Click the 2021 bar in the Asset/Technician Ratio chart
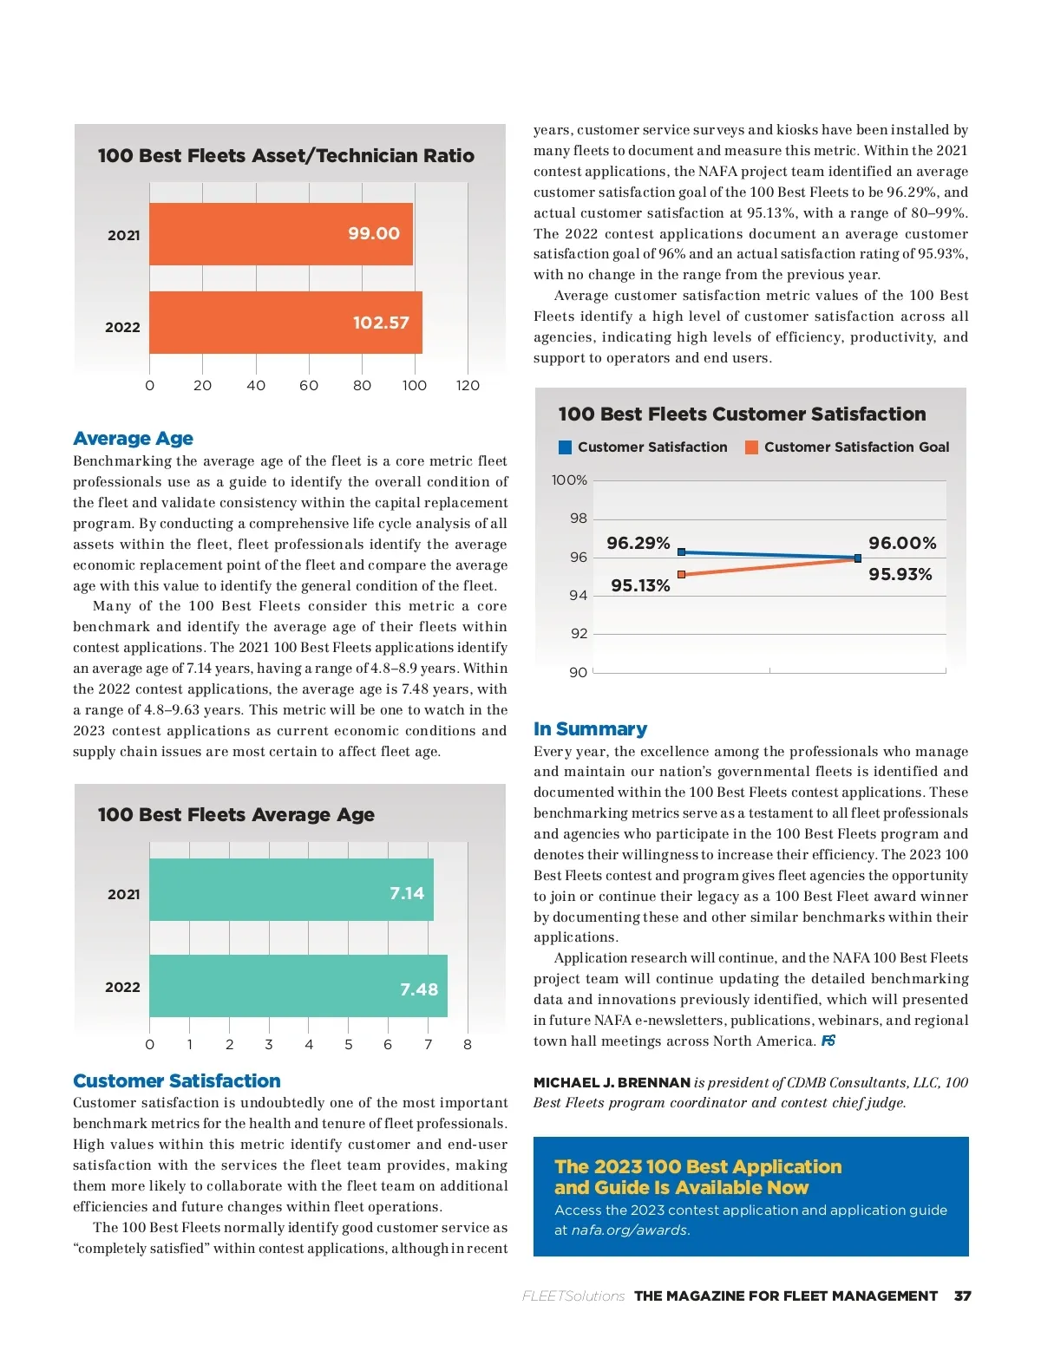[x=280, y=234]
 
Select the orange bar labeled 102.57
[x=285, y=323]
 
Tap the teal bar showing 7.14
[x=291, y=890]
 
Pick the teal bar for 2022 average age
[x=298, y=986]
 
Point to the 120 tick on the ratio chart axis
[x=468, y=386]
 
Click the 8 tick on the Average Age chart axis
[x=468, y=1045]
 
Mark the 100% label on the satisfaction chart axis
[x=569, y=480]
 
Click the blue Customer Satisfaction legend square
[x=566, y=447]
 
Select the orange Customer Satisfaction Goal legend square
[x=751, y=447]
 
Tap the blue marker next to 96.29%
[x=682, y=552]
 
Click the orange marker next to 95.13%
[x=682, y=575]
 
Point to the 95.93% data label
[x=900, y=575]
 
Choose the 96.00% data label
[x=902, y=544]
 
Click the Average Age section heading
[x=133, y=439]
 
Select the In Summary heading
[x=590, y=729]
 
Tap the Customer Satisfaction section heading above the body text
[x=177, y=1081]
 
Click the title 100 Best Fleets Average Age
[x=236, y=815]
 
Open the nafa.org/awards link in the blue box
[x=629, y=1230]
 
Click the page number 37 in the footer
[x=962, y=1296]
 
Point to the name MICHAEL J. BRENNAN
[x=611, y=1083]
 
